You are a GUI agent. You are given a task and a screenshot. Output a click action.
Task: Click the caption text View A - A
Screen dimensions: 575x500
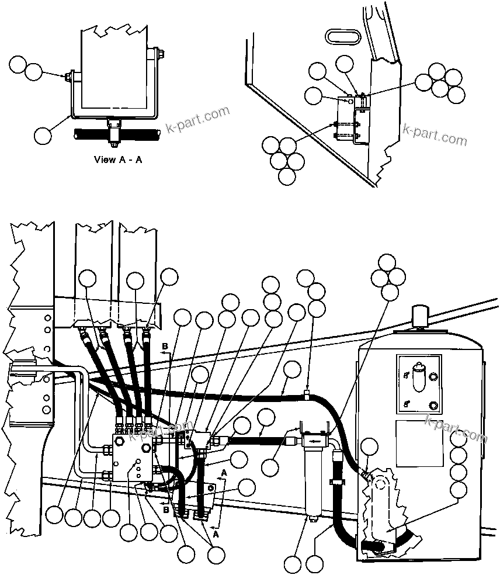pos(117,160)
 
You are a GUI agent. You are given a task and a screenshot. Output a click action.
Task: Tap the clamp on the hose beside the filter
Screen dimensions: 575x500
pos(336,483)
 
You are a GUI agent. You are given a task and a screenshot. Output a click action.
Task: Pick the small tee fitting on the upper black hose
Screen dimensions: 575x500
pos(307,396)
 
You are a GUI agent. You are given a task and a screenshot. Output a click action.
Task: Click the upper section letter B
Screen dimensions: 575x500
pos(165,347)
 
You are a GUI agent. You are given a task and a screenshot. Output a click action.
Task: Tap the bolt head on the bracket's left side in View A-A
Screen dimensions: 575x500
pos(70,75)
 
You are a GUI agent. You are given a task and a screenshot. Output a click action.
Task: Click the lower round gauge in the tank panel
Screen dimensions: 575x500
pos(433,406)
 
